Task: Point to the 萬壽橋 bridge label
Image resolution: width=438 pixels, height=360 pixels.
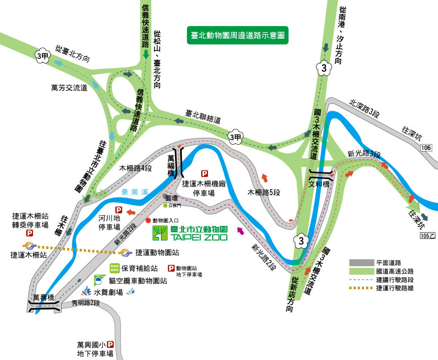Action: click(44, 298)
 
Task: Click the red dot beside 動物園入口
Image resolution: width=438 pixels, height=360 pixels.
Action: click(148, 221)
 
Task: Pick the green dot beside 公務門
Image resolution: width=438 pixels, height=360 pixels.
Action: click(165, 205)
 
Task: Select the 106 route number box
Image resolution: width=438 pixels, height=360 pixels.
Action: click(426, 148)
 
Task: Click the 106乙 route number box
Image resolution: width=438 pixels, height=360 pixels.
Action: click(428, 236)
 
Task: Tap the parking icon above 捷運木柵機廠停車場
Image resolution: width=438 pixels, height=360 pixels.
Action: click(204, 173)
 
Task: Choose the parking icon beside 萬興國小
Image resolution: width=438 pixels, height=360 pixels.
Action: click(111, 345)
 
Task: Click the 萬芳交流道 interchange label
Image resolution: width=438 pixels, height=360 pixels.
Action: click(69, 88)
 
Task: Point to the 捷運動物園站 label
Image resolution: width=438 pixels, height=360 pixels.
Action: click(157, 252)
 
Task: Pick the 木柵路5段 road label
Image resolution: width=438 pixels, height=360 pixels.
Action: click(264, 193)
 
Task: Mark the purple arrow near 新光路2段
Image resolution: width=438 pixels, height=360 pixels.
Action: click(240, 231)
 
